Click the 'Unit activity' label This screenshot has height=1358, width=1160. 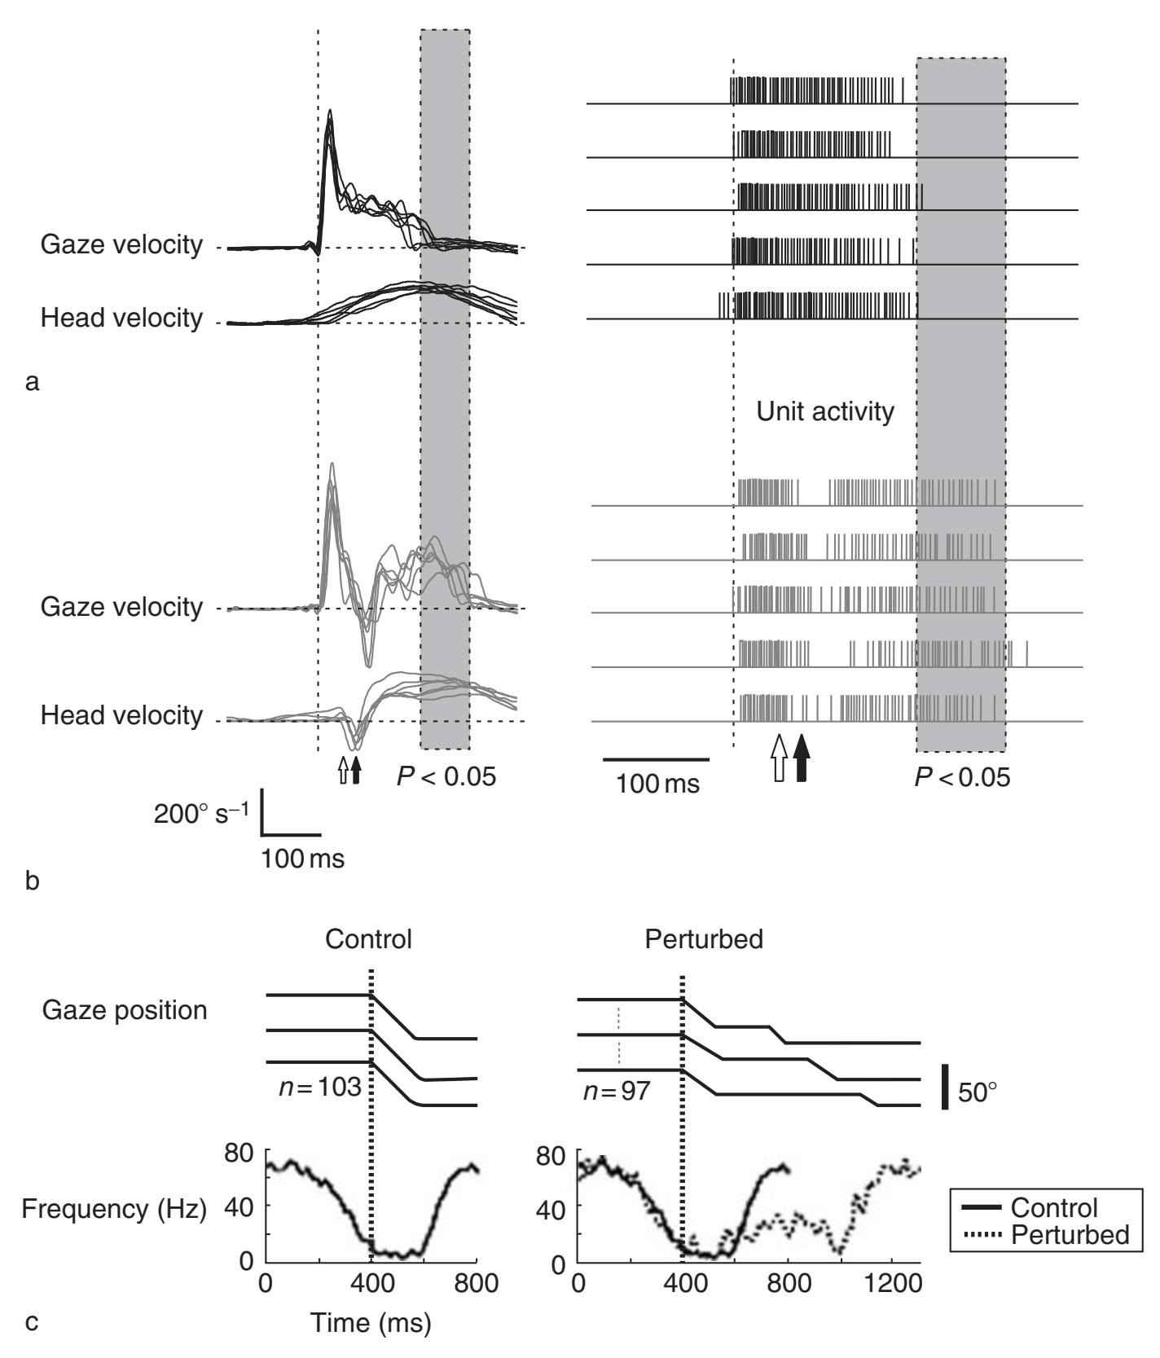(824, 411)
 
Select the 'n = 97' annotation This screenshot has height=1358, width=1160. (616, 1090)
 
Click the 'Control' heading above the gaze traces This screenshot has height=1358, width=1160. (368, 939)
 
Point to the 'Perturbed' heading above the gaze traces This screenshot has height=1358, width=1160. (704, 939)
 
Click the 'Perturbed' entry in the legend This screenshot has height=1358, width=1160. (1070, 1235)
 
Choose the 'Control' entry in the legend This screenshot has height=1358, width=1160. (1054, 1207)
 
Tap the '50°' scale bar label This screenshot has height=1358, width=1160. (978, 1092)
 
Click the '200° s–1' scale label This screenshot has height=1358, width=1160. (203, 813)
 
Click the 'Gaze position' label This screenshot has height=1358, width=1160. (124, 1010)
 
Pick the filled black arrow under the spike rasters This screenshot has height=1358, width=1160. (802, 758)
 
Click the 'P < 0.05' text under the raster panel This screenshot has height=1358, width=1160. (962, 777)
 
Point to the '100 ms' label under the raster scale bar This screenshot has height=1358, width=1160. (657, 784)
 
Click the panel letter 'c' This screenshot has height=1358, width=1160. (32, 1321)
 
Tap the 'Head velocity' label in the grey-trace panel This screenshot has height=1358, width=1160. (121, 715)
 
